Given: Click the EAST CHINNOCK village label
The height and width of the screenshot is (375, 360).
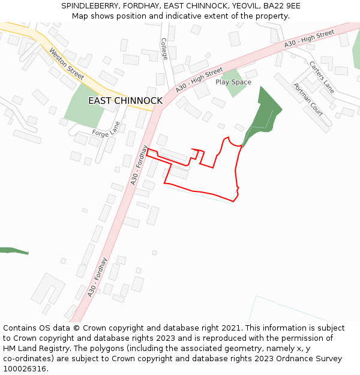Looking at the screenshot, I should pyautogui.click(x=125, y=101).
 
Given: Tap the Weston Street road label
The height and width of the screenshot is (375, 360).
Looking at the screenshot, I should pyautogui.click(x=67, y=64).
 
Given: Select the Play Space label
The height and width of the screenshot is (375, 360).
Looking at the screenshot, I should pyautogui.click(x=233, y=82).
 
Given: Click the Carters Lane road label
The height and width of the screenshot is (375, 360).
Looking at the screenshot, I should pyautogui.click(x=322, y=77).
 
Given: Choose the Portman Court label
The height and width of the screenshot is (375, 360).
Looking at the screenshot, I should pyautogui.click(x=308, y=100).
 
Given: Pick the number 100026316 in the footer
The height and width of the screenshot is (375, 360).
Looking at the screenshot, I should pyautogui.click(x=24, y=369).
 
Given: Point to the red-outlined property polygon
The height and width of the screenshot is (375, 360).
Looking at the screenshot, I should pyautogui.click(x=204, y=177).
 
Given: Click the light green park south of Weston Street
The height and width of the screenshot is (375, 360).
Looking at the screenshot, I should pyautogui.click(x=82, y=107).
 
